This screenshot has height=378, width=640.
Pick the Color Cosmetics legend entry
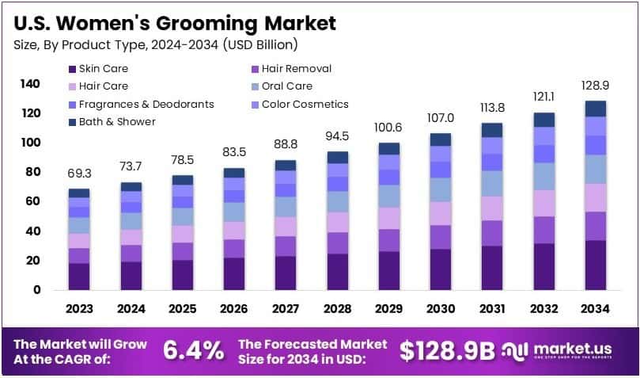pos(305,104)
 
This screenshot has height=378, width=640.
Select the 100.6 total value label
pos(388,127)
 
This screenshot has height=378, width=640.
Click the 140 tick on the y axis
pos(30,84)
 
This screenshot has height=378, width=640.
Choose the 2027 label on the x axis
pos(286,309)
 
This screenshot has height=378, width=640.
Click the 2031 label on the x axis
pos(491,309)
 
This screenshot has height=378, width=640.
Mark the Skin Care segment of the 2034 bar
pos(595,265)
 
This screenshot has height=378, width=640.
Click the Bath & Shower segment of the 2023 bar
pos(79,193)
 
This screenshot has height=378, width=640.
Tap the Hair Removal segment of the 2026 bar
pos(234,248)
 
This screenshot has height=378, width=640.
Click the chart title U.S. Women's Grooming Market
pos(175,22)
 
